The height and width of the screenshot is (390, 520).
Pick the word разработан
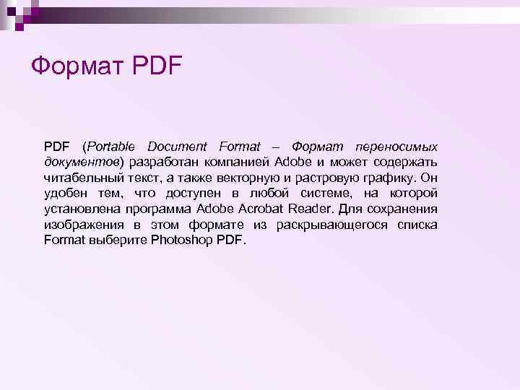coord(164,162)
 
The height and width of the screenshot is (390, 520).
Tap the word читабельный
coord(82,178)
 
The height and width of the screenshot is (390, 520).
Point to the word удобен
coord(64,194)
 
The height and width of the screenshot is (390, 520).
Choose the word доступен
coord(196,194)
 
